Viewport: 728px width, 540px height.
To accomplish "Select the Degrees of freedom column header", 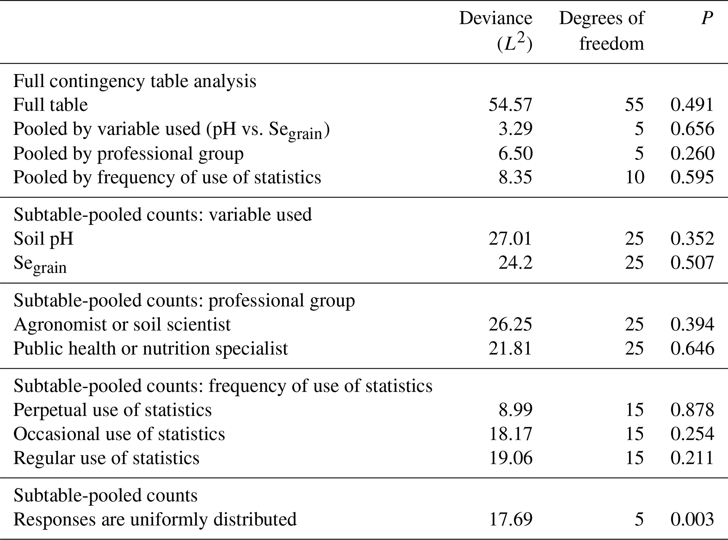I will [602, 31].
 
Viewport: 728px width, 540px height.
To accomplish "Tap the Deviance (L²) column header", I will [496, 31].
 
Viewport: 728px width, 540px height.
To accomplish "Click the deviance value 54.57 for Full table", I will [510, 105].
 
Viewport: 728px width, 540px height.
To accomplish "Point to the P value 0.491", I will [692, 105].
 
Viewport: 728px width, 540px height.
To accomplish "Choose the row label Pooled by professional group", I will [129, 153].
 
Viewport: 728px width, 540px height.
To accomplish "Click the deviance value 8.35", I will [515, 177].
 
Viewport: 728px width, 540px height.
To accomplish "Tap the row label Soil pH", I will [44, 239].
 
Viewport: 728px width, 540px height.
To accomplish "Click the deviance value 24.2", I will [515, 263].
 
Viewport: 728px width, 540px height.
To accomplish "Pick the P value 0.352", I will [692, 239].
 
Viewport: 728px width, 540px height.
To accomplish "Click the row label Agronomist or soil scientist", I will [122, 324].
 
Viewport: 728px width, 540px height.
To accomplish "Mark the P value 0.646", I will [692, 348].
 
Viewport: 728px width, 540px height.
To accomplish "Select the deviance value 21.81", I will [510, 348].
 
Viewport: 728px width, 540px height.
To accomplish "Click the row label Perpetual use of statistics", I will [113, 410].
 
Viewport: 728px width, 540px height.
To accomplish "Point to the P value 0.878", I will [692, 410].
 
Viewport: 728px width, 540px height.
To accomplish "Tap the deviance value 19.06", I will [510, 458].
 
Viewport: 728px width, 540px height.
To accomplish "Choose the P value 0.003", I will [692, 519].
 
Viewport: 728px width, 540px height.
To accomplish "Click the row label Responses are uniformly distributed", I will [155, 519].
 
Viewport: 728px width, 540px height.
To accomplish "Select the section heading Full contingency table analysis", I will [135, 81].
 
